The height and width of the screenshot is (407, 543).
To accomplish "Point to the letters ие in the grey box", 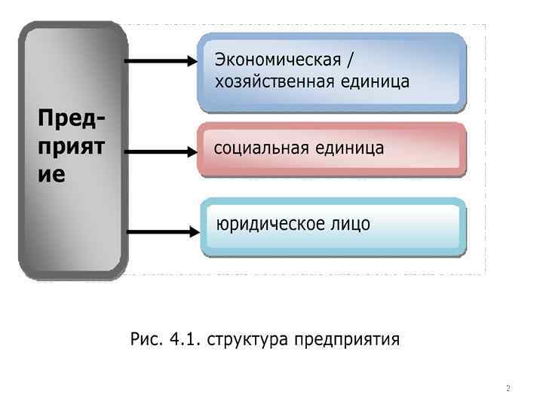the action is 52,175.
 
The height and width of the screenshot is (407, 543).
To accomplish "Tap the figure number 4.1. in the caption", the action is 185,339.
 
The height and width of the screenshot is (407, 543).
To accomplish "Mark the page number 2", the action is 508,389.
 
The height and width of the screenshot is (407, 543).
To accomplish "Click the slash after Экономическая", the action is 348,60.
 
